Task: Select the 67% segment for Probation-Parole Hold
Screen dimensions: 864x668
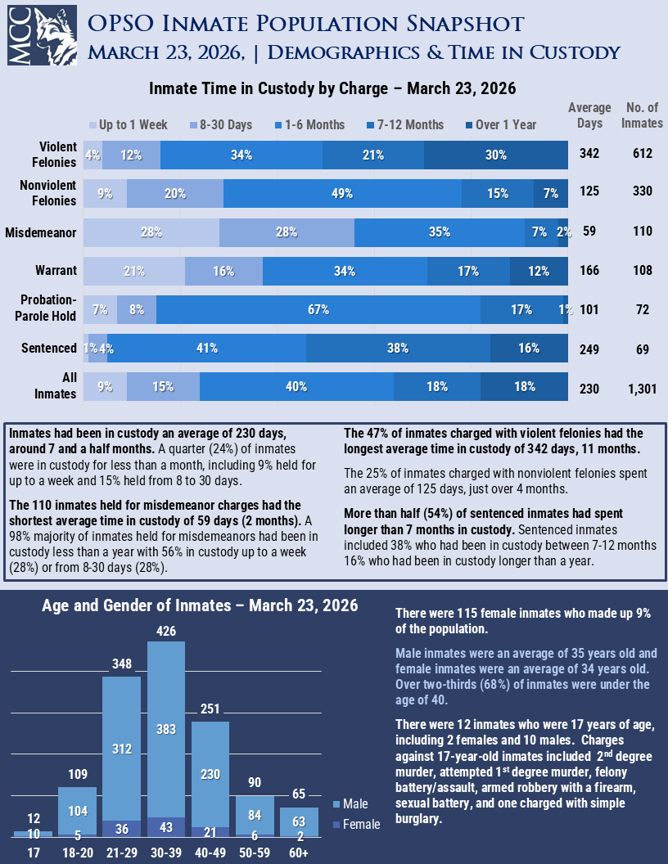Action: click(318, 310)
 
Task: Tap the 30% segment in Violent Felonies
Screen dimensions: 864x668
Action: click(496, 155)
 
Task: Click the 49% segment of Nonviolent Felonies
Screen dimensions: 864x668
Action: click(342, 194)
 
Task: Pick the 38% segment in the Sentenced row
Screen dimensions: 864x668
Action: click(398, 349)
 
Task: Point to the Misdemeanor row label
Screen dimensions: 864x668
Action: click(41, 232)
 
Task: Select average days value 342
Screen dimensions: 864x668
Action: click(589, 155)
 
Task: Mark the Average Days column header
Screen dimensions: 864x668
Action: click(589, 115)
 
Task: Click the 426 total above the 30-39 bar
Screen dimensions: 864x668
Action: click(166, 632)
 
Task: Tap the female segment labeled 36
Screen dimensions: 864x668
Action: click(122, 828)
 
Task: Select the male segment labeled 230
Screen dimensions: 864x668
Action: click(210, 774)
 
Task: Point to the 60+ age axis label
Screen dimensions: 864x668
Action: click(299, 853)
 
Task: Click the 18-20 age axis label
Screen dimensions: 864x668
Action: click(78, 853)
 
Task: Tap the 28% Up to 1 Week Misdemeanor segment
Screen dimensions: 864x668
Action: click(151, 232)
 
